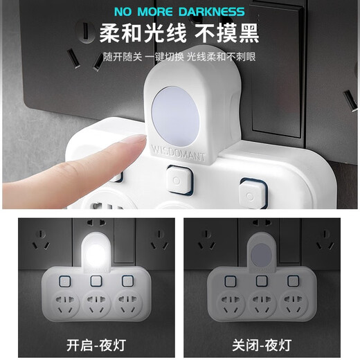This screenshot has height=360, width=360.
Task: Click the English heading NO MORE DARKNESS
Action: coord(180,11)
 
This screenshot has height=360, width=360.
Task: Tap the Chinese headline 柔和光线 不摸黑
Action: coord(180,33)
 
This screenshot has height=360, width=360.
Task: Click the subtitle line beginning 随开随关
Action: coord(180,55)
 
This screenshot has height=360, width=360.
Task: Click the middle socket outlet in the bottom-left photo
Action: coord(94,304)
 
